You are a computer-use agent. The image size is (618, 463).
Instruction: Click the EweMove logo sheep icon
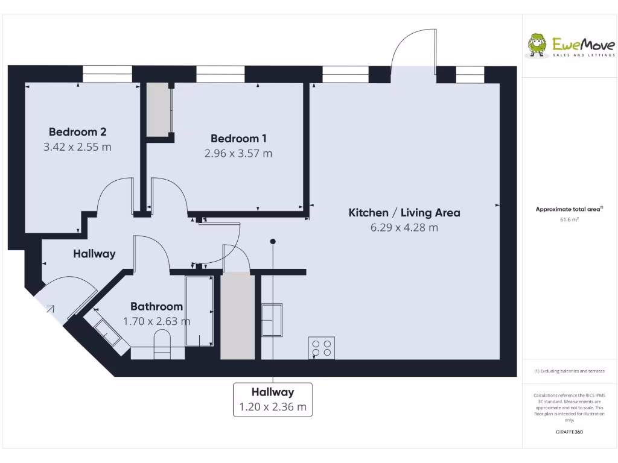pyautogui.click(x=537, y=45)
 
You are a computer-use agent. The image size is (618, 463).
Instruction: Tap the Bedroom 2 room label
pyautogui.click(x=77, y=131)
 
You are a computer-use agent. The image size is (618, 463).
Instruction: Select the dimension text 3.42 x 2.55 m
pyautogui.click(x=77, y=146)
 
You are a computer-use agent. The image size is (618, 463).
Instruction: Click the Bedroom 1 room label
pyautogui.click(x=238, y=139)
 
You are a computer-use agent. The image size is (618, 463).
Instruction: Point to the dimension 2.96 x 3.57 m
pyautogui.click(x=238, y=153)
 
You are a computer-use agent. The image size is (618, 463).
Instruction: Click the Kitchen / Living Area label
pyautogui.click(x=404, y=212)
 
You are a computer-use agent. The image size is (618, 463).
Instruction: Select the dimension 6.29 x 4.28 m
pyautogui.click(x=404, y=227)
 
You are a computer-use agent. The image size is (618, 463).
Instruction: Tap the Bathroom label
pyautogui.click(x=156, y=306)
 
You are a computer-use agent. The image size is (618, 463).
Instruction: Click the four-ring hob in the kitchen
pyautogui.click(x=321, y=347)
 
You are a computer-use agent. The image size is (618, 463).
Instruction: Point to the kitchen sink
pyautogui.click(x=272, y=320)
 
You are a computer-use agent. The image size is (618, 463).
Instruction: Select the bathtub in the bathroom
pyautogui.click(x=199, y=311)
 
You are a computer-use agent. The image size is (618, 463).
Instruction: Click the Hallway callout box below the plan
pyautogui.click(x=273, y=399)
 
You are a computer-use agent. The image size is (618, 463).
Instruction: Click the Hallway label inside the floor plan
pyautogui.click(x=94, y=254)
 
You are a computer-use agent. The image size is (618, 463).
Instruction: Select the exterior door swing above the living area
pyautogui.click(x=413, y=51)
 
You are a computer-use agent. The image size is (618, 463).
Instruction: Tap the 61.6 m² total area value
pyautogui.click(x=569, y=220)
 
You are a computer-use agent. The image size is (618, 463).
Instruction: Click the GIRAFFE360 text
pyautogui.click(x=569, y=432)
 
